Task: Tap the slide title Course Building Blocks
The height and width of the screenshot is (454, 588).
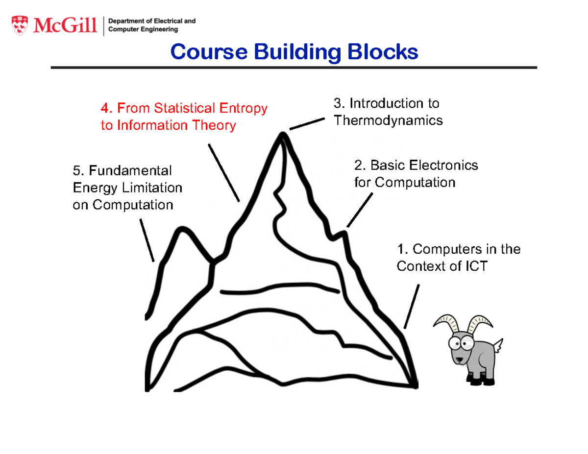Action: coord(294,52)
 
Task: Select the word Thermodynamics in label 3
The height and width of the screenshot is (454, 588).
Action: coord(388,120)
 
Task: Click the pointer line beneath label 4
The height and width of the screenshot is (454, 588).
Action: coord(224,172)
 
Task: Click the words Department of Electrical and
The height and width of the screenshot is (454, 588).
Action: coord(151,21)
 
